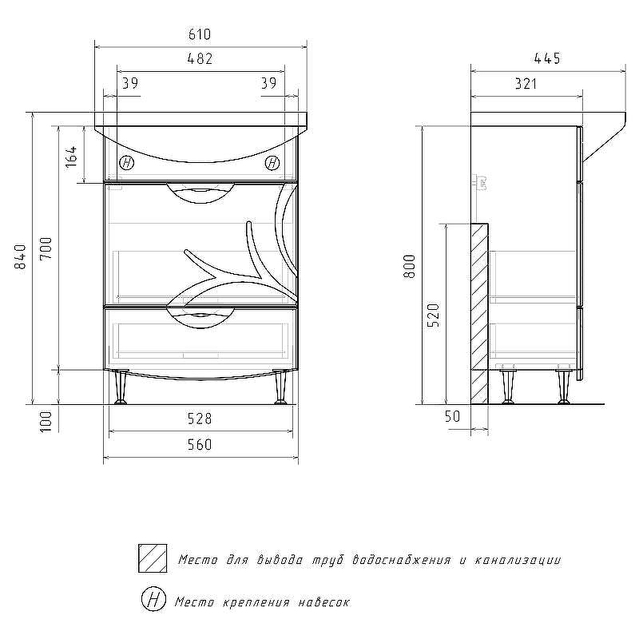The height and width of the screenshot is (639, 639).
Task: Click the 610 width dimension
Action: point(200,34)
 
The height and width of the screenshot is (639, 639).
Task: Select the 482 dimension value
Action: point(200,58)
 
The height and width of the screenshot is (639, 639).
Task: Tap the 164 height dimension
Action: point(71,157)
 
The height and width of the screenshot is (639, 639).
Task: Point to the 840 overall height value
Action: point(20,256)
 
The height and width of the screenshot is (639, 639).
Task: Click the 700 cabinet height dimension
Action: point(46,248)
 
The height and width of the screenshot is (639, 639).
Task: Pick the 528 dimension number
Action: point(200,419)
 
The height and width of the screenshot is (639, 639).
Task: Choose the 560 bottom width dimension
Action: point(200,444)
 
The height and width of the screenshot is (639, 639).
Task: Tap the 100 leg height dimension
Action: point(46,421)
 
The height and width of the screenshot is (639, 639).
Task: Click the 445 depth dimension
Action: point(547,58)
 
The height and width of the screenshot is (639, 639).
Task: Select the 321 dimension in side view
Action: point(526,84)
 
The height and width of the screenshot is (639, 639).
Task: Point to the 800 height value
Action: point(410,267)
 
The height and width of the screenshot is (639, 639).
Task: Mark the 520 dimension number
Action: point(434,315)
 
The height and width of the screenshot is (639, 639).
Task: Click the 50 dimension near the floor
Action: point(452,416)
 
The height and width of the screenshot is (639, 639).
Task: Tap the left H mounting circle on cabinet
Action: point(127,163)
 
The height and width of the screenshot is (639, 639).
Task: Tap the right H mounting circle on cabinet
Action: point(272,163)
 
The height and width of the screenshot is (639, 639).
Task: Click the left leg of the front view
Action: point(121,387)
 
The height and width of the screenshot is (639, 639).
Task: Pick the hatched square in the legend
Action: point(153,558)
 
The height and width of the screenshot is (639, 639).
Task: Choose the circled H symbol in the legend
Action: point(153,600)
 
